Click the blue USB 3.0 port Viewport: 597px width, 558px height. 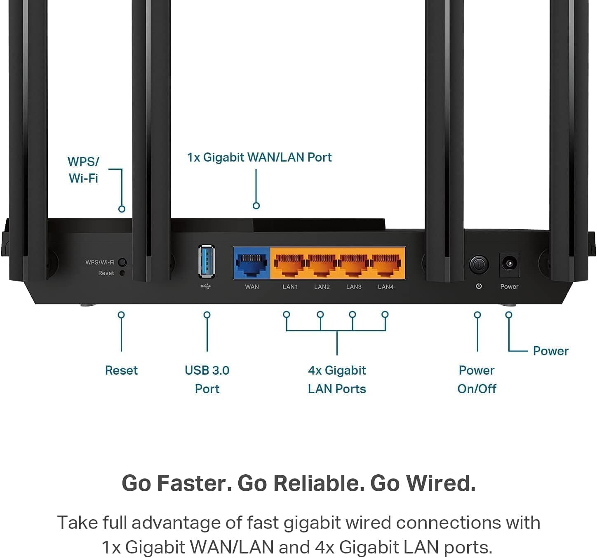(x=206, y=261)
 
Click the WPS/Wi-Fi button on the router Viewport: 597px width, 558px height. (x=122, y=262)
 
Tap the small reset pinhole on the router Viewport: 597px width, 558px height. (x=122, y=273)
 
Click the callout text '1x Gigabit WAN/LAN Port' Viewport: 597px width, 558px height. (x=259, y=157)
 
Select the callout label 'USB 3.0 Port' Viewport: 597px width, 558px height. (x=207, y=379)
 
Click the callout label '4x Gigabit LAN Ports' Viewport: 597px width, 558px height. (x=337, y=379)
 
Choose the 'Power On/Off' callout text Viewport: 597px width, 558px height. (x=477, y=379)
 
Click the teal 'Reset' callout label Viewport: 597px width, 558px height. (x=121, y=370)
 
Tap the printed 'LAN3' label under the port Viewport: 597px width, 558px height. (x=354, y=287)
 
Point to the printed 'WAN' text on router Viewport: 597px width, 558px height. (x=251, y=287)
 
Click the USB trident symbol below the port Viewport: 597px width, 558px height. (x=206, y=286)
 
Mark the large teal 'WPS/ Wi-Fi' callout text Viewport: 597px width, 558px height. (x=83, y=170)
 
